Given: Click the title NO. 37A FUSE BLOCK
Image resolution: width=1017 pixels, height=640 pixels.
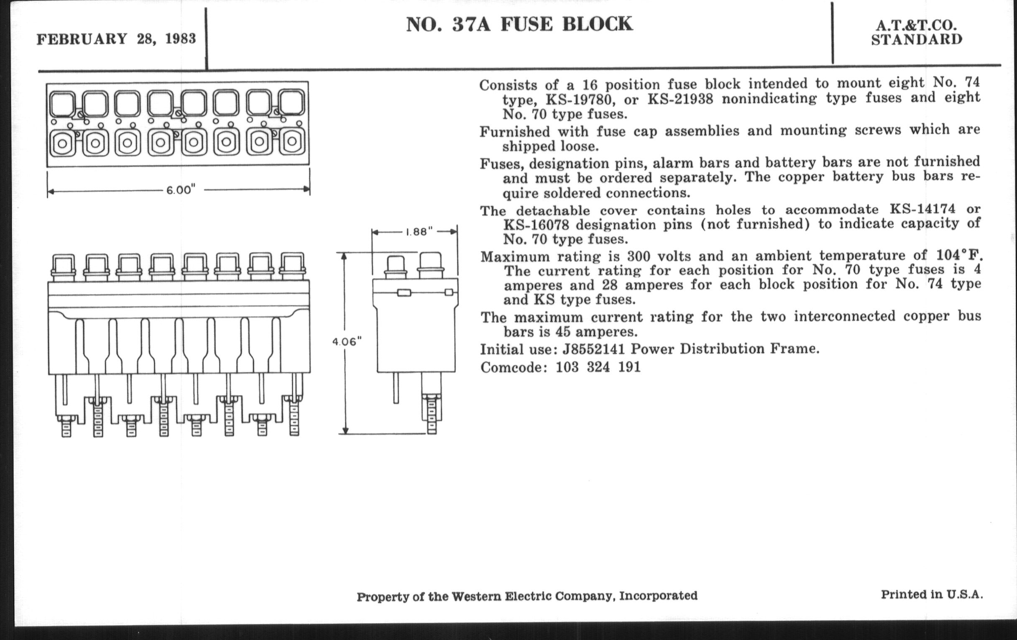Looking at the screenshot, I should pos(519,24).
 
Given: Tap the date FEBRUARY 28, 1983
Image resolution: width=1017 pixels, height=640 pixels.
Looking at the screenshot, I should pos(116,39).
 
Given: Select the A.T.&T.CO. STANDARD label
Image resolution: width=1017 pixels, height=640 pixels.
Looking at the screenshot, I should pos(917,33).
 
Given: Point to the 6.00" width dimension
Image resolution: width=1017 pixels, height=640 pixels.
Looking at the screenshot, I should pos(181,190).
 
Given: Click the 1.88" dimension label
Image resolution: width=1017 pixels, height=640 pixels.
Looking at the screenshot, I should pos(419,232).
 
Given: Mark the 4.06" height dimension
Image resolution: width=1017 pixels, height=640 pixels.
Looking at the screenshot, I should pos(347,342).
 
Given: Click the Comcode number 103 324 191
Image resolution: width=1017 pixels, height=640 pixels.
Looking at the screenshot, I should pos(598,367).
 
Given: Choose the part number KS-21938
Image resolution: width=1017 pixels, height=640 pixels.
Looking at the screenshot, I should pos(680,99).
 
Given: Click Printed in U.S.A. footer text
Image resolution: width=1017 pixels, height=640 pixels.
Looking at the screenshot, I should pos(932,594).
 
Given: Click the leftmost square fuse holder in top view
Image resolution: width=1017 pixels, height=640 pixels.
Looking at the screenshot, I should pos(62,103).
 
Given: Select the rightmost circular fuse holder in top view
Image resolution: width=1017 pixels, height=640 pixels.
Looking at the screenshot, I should pos(292,142).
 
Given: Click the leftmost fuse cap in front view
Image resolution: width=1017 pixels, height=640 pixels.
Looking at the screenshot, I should pos(63,266).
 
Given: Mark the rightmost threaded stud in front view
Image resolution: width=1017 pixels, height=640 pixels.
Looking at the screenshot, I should pos(294,418).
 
